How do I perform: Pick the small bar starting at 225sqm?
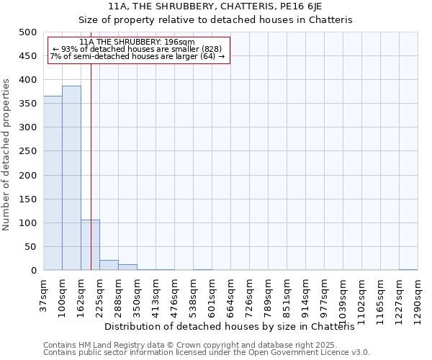click(109, 265)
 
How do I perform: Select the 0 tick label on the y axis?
click(33, 271)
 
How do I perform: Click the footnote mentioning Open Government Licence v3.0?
click(207, 353)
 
